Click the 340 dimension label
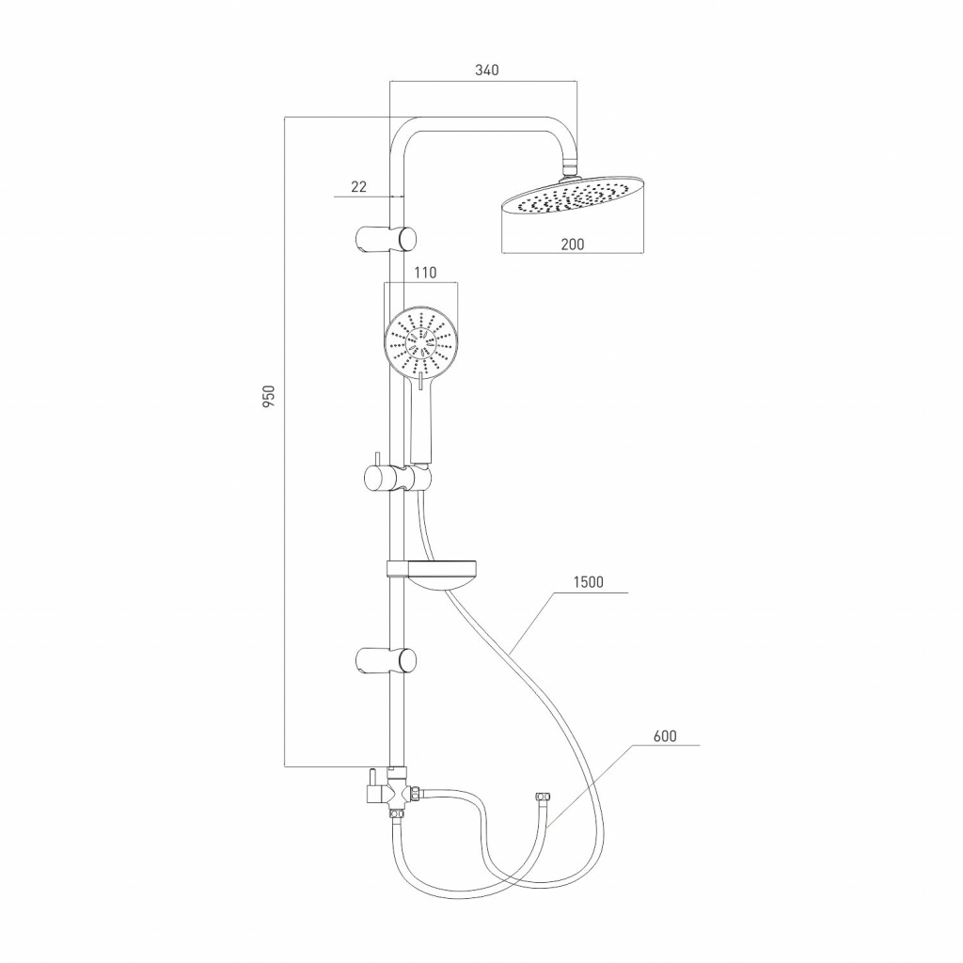[x=487, y=70]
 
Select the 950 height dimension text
[x=269, y=397]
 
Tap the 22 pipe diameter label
[x=358, y=187]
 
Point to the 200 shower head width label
[x=573, y=244]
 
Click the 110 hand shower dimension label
[x=425, y=272]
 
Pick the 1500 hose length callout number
[x=589, y=581]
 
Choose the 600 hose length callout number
[x=665, y=735]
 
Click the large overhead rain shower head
[x=574, y=197]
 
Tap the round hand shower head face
[x=420, y=341]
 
